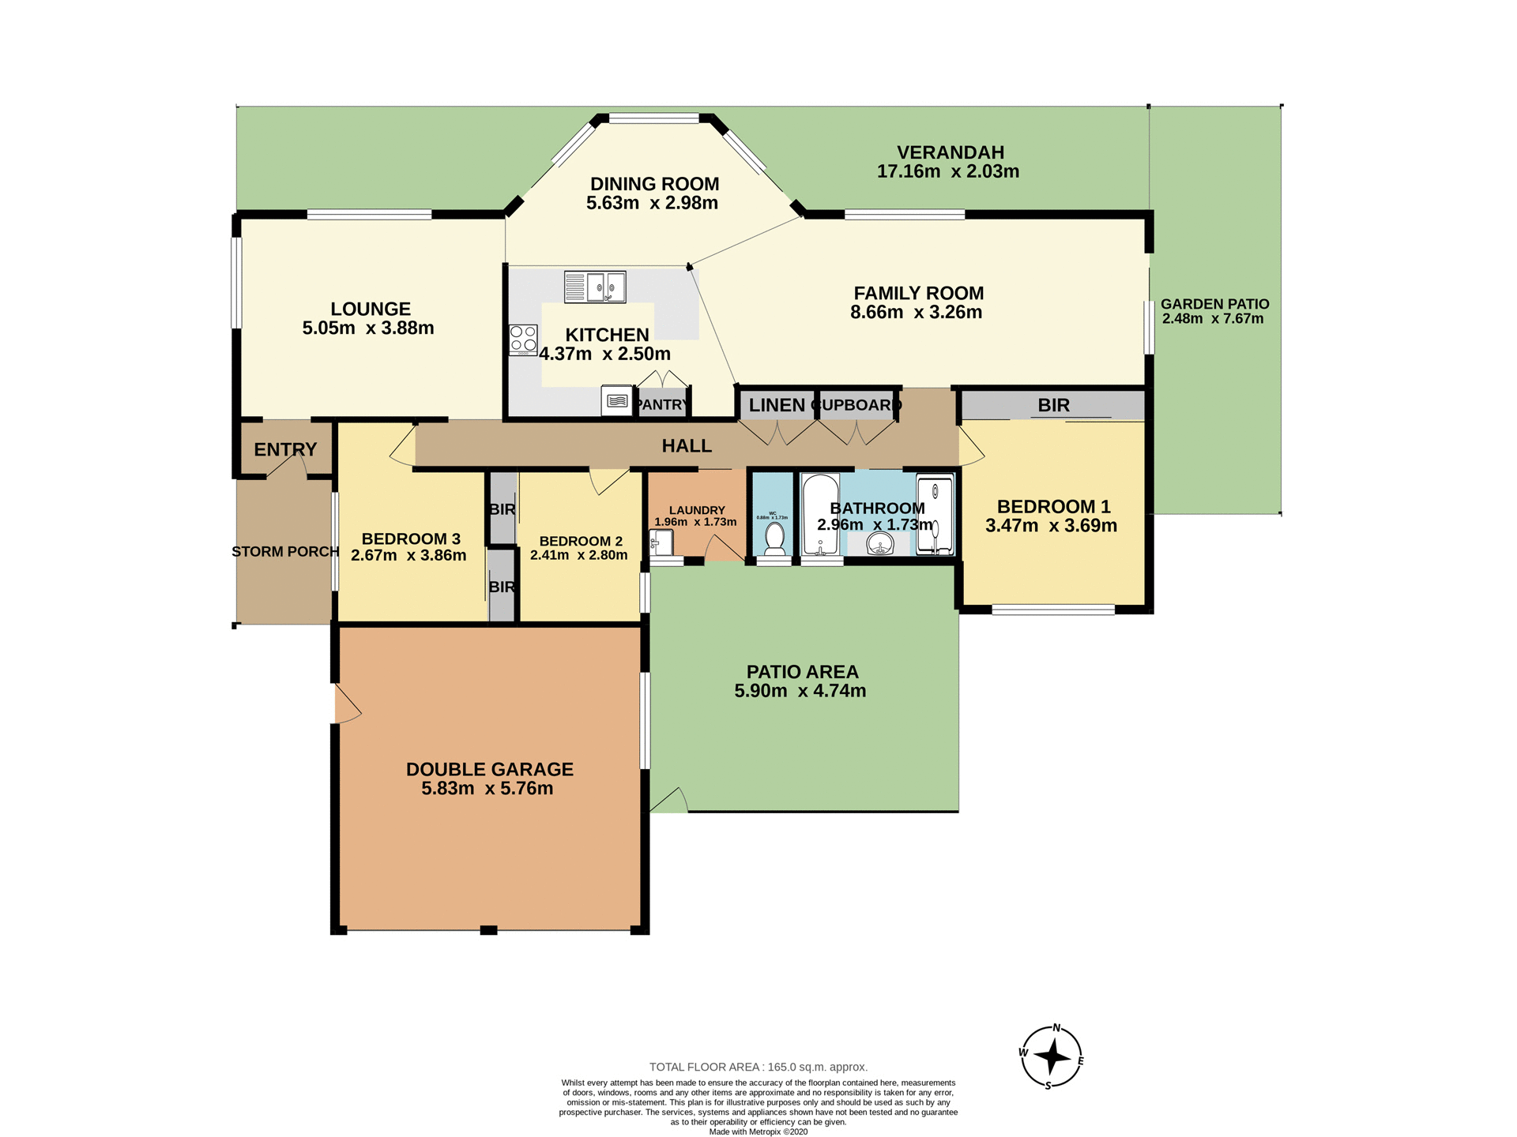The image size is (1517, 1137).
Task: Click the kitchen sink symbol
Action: (595, 287)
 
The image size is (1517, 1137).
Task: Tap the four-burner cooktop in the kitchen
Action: (523, 340)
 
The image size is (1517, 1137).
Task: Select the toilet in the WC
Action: (774, 537)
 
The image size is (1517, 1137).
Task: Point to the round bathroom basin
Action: (879, 543)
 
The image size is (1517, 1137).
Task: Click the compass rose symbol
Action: (1051, 1056)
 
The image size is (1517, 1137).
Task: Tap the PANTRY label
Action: (662, 404)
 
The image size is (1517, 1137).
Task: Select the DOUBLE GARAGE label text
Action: (489, 769)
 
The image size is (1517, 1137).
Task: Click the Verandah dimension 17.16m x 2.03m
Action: (947, 171)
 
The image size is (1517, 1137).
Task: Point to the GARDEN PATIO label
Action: (1214, 304)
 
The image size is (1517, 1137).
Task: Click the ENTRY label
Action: (285, 449)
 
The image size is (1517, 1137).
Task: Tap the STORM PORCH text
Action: (285, 551)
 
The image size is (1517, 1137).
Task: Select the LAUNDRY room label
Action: (696, 510)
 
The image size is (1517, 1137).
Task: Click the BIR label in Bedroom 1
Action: (1053, 405)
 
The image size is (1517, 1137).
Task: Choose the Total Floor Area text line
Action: (758, 1067)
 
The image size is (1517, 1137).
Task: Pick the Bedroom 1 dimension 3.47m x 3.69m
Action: (1051, 526)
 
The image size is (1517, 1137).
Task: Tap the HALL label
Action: (687, 446)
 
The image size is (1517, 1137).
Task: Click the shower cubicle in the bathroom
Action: (935, 513)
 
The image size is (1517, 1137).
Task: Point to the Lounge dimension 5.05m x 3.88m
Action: (368, 328)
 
